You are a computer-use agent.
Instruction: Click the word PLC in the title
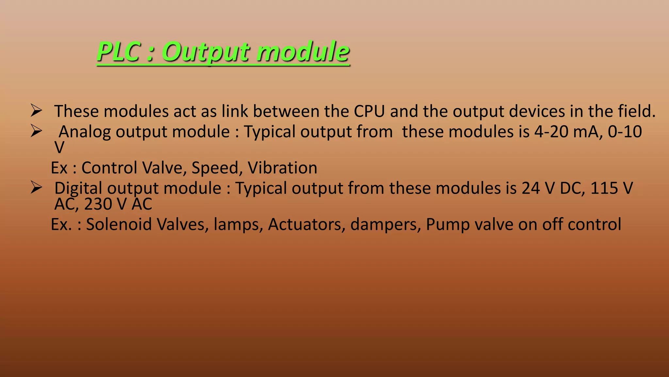pyautogui.click(x=119, y=52)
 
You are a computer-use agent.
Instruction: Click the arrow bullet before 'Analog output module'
pyautogui.click(x=36, y=131)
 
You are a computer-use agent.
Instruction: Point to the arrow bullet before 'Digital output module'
pyautogui.click(x=36, y=188)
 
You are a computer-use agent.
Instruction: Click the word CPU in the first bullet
pyautogui.click(x=369, y=111)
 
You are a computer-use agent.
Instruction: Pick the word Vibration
pyautogui.click(x=282, y=168)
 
